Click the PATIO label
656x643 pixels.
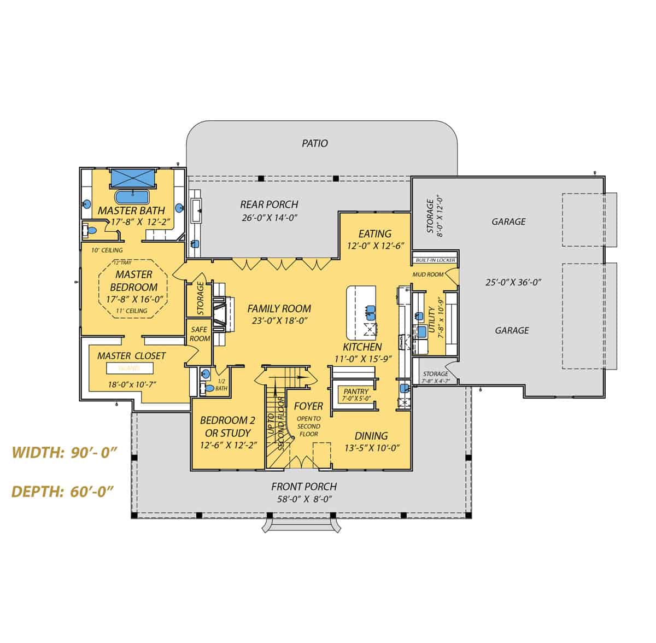point(315,143)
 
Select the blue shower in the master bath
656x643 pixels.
point(133,178)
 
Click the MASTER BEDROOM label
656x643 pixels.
point(133,280)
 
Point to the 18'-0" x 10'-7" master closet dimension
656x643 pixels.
point(131,384)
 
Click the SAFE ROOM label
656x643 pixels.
point(200,334)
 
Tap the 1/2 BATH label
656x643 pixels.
point(221,384)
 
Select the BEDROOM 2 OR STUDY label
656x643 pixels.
point(227,426)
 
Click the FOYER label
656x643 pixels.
point(308,406)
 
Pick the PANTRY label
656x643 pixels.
point(355,391)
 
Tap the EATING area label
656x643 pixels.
point(375,233)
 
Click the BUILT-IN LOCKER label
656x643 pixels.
point(435,260)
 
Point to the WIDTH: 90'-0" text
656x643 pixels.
point(65,453)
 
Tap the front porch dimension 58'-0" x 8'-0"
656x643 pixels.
point(304,499)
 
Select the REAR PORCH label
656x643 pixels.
point(269,204)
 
